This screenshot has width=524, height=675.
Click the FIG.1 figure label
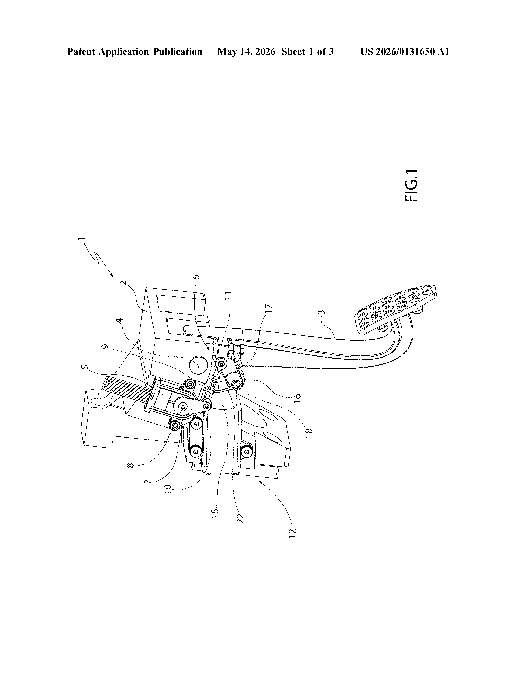(x=411, y=186)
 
